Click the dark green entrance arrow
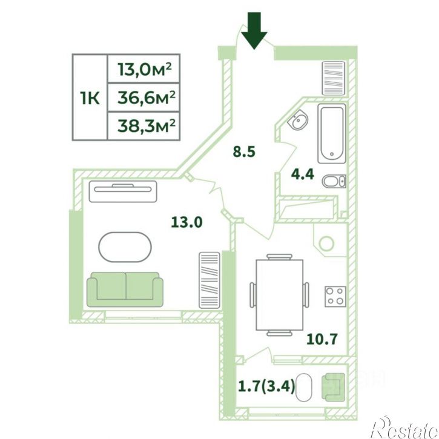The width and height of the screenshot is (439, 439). click(254, 30)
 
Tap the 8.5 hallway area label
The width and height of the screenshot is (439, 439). click(244, 152)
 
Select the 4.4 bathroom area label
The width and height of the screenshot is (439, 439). click(302, 174)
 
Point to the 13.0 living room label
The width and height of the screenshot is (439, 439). click(186, 222)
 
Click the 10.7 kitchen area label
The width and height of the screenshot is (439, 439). click(322, 339)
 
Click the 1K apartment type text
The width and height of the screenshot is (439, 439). click(90, 99)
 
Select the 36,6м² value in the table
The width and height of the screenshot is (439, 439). click(146, 97)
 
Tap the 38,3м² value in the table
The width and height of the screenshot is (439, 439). click(146, 126)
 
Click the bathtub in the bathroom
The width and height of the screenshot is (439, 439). click(332, 134)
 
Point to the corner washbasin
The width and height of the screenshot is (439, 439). click(298, 120)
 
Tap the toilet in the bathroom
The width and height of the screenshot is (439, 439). click(334, 182)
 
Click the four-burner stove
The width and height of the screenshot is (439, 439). click(335, 297)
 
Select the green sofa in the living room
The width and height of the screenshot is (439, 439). click(125, 289)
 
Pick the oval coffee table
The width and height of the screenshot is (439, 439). click(125, 247)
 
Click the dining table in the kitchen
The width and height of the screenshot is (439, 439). click(279, 295)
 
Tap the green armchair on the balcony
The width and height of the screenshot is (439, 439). click(333, 388)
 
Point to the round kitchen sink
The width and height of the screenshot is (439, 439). click(326, 243)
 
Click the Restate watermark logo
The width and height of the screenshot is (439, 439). click(404, 427)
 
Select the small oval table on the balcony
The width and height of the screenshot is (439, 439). click(303, 388)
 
